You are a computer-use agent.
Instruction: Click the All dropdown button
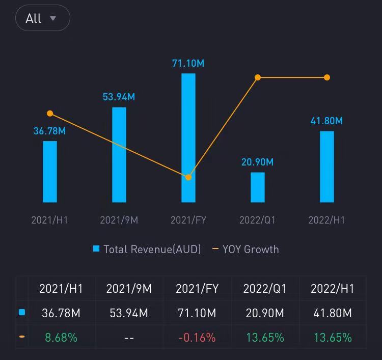pos(42,18)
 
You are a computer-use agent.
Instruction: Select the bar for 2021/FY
pos(188,138)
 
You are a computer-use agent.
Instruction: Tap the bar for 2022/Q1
pos(258,187)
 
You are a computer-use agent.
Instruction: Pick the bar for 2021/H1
pos(50,172)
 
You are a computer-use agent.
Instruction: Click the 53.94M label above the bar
pos(119,97)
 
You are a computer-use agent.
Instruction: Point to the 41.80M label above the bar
pos(326,121)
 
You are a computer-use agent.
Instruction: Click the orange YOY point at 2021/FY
pos(188,177)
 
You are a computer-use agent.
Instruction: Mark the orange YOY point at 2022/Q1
pos(258,77)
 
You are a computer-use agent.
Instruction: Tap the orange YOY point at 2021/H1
pos(50,114)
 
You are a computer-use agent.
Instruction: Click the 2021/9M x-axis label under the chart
pos(119,220)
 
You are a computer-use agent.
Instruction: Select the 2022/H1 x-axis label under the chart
pos(326,220)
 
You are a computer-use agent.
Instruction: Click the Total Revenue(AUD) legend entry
pos(147,249)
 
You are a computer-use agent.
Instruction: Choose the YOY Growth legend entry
pos(245,249)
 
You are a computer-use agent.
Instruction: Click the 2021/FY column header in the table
pos(197,289)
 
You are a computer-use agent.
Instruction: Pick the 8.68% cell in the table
pos(61,337)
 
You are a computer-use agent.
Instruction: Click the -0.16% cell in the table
pos(197,337)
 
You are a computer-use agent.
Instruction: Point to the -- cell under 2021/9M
pos(129,337)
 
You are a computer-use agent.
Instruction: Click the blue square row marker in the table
pos(22,313)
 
